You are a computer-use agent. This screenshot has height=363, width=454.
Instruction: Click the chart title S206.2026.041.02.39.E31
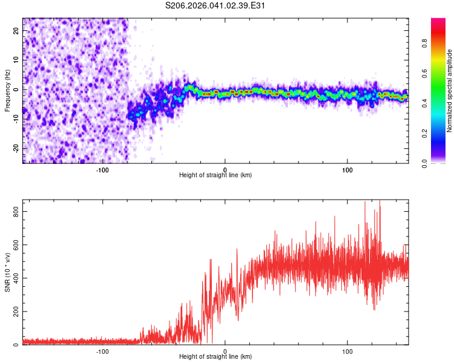point(216,5)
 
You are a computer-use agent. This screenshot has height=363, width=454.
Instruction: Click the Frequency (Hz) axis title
point(8,91)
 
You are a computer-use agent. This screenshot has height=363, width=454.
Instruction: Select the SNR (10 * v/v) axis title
point(8,272)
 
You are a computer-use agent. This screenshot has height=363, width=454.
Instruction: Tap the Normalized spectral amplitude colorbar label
point(450,91)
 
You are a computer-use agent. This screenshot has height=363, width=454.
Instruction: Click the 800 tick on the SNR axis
point(15,211)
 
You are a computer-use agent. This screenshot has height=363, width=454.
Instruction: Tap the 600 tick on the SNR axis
point(15,244)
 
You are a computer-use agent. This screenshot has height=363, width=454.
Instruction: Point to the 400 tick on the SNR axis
point(15,278)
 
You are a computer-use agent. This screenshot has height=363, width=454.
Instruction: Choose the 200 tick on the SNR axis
point(15,312)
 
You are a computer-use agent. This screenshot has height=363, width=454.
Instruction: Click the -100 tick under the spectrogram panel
point(102,169)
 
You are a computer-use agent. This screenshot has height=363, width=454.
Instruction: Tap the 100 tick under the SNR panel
point(348,351)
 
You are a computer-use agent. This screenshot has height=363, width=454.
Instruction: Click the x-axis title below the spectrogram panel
point(215,175)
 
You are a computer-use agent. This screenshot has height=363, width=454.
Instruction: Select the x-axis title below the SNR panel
point(215,357)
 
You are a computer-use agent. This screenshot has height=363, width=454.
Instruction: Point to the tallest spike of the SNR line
point(364,203)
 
